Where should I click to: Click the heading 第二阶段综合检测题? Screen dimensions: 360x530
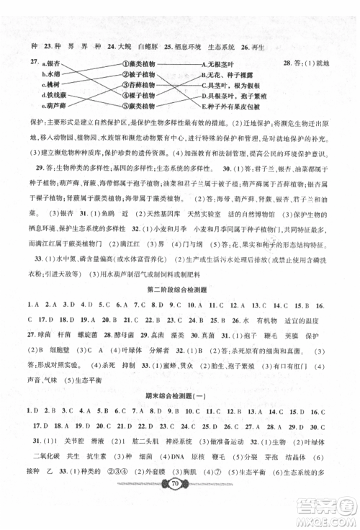pyautogui.click(x=179, y=290)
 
